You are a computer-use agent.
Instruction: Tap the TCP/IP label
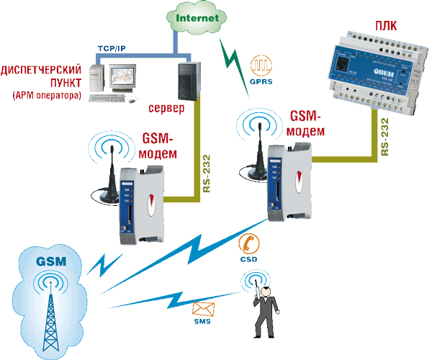coord(112,47)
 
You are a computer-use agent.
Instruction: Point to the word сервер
coord(166,108)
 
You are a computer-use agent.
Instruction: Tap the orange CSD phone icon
coord(249,243)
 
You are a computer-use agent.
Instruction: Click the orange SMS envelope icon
coord(204,311)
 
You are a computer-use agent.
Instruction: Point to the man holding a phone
coord(265,310)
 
